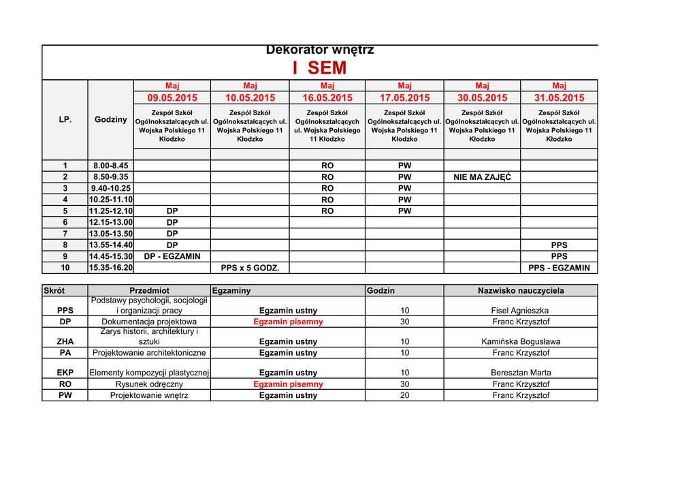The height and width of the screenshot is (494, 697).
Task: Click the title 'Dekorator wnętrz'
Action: point(319,50)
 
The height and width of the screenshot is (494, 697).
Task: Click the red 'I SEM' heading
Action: point(319,68)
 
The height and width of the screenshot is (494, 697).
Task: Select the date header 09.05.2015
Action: point(172,98)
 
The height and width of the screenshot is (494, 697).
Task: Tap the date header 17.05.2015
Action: point(404,98)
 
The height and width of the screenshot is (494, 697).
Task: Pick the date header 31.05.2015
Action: point(559,98)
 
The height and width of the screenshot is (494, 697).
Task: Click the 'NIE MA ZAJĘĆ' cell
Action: point(482,177)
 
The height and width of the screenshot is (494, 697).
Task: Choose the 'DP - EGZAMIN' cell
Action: point(172,256)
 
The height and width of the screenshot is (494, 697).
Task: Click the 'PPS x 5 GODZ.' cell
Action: point(250,268)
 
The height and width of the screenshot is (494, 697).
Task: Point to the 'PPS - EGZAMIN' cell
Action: point(559,268)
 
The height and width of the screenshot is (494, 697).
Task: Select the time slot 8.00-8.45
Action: point(110,166)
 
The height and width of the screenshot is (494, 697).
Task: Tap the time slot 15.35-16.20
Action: point(110,268)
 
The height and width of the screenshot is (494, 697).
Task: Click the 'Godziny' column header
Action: point(110,119)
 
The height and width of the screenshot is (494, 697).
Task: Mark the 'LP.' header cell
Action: point(65,119)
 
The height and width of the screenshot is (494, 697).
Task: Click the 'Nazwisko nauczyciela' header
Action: point(521,290)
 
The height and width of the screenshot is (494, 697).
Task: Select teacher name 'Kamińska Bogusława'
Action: point(521,341)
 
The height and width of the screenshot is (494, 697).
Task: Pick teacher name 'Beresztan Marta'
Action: point(521,373)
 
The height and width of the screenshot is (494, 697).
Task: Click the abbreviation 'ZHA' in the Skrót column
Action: point(65,341)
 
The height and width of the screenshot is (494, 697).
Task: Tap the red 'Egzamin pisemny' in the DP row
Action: point(288,322)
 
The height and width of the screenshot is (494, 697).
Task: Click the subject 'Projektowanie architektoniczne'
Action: point(149,353)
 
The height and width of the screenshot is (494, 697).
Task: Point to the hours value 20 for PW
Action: point(404,395)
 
